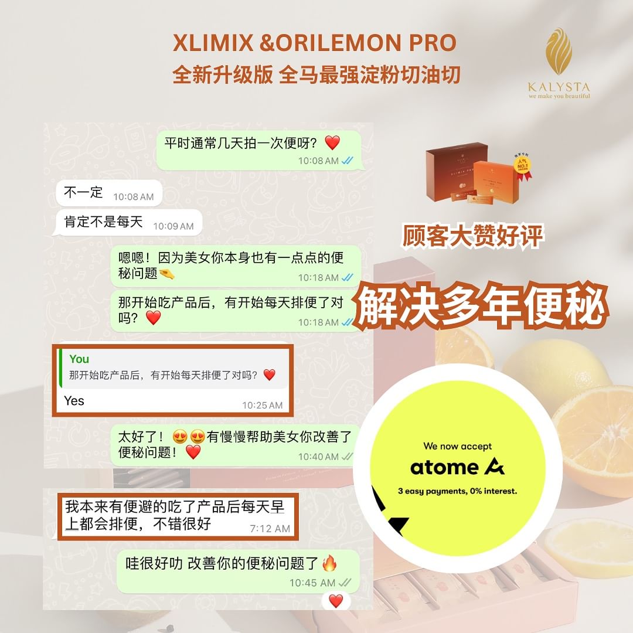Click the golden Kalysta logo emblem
pyautogui.click(x=559, y=51)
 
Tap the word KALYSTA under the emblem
pyautogui.click(x=559, y=87)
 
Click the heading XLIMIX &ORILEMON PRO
pyautogui.click(x=315, y=43)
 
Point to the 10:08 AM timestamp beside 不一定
pyautogui.click(x=133, y=196)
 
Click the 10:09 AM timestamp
pyautogui.click(x=173, y=226)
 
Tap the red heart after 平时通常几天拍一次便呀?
pyautogui.click(x=332, y=142)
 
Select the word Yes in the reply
pyautogui.click(x=74, y=400)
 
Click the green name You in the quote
pyautogui.click(x=79, y=359)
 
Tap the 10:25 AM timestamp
pyautogui.click(x=263, y=406)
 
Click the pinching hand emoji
pyautogui.click(x=166, y=274)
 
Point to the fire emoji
pyautogui.click(x=329, y=563)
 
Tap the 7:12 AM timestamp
pyautogui.click(x=270, y=529)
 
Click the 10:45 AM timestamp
pyautogui.click(x=312, y=583)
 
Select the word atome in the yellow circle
pyautogui.click(x=444, y=468)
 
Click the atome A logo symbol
pyautogui.click(x=495, y=467)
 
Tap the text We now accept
pyautogui.click(x=457, y=446)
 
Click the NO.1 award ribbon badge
pyautogui.click(x=522, y=167)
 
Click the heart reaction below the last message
pyautogui.click(x=336, y=601)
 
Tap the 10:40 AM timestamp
pyautogui.click(x=318, y=457)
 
